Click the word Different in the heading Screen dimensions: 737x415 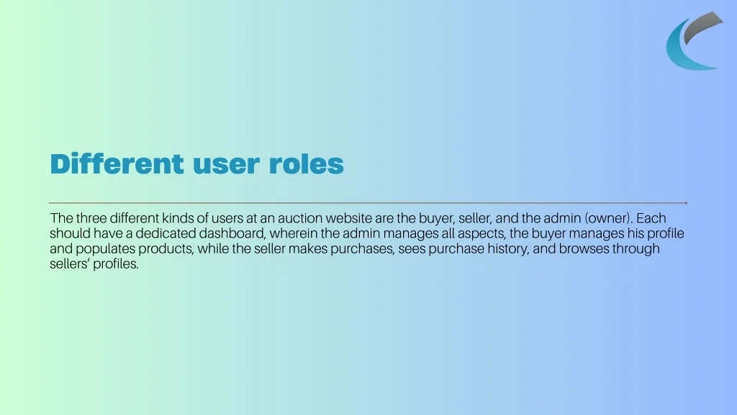pos(117,164)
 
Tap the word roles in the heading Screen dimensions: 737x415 pos(307,164)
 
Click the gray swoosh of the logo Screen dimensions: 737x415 pos(702,26)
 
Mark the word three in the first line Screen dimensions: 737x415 pos(91,218)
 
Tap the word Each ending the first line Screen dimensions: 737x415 pos(651,218)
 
